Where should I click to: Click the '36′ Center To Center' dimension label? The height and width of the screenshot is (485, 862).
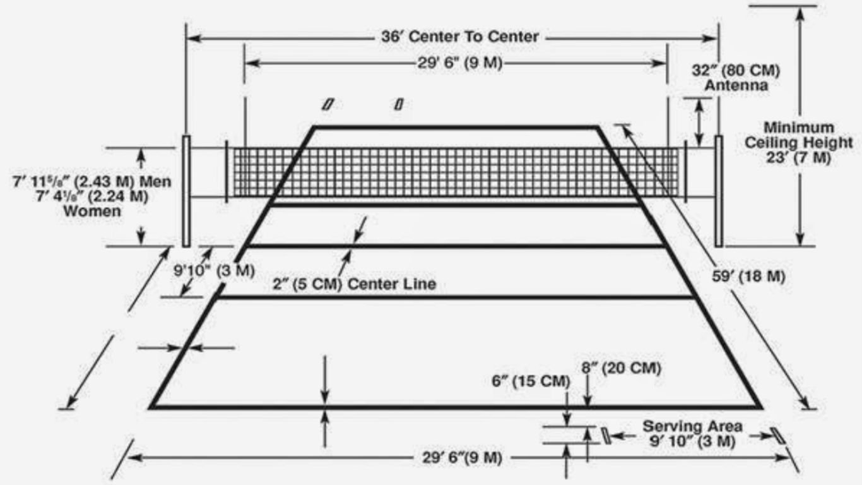pos(460,37)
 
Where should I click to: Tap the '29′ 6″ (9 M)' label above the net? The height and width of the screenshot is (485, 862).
pos(460,63)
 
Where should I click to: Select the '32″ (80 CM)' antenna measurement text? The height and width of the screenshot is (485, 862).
pos(736,71)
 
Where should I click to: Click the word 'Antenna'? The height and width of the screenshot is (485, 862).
pos(736,85)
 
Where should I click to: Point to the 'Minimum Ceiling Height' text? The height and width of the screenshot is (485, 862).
pos(799,135)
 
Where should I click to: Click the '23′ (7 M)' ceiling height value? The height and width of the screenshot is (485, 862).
pos(798,157)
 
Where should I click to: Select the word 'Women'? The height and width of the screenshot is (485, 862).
pos(92,211)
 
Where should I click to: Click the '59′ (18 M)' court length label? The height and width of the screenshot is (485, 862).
pos(748,276)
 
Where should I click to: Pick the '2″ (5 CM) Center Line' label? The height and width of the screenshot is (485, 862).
pos(355,284)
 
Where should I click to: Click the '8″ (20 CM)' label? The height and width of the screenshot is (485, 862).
pos(621,368)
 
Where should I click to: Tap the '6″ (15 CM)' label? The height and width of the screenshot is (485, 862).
pos(531,381)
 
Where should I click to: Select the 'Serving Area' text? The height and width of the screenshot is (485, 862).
pos(692,426)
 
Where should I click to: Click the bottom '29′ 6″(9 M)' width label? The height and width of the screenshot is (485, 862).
pos(462,458)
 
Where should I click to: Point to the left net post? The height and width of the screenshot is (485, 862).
pos(186,191)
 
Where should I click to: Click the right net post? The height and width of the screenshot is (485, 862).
pos(719,191)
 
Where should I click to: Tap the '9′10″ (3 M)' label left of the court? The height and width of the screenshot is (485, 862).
pos(215,270)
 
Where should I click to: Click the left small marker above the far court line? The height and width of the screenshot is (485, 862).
pos(328,104)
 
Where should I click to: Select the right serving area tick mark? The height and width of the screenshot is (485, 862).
pos(777,436)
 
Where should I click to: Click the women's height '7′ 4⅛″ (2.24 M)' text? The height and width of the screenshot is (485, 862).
pos(92,196)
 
